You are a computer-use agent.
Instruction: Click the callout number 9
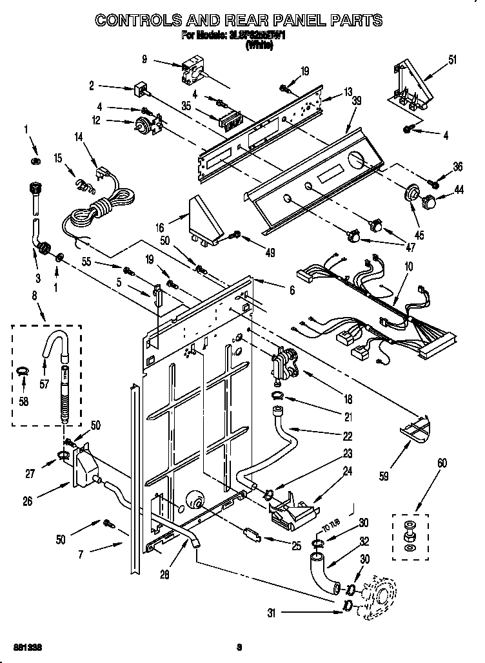tap(144, 59)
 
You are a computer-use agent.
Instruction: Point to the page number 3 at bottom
tap(239, 646)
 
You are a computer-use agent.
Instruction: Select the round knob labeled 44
tap(426, 204)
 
